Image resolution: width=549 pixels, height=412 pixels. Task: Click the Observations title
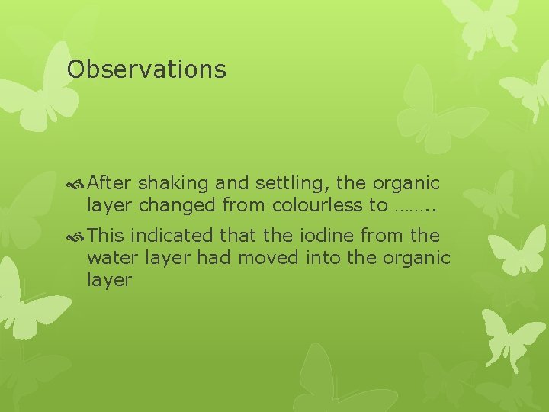(x=146, y=69)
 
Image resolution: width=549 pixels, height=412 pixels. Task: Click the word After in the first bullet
(x=110, y=183)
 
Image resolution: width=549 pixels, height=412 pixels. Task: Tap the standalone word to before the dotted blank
(x=379, y=204)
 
